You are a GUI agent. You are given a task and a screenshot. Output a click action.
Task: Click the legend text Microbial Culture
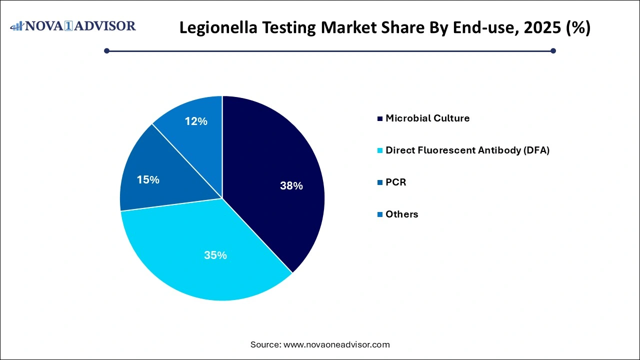click(427, 118)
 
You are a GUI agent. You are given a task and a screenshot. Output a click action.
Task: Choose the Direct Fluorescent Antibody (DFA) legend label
click(467, 150)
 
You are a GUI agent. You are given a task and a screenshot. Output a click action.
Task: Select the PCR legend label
click(396, 182)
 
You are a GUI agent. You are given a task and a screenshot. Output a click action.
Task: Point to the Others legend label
click(401, 214)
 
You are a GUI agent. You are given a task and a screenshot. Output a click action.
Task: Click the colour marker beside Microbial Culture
click(380, 118)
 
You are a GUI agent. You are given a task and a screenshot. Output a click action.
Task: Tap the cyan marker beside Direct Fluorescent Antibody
click(380, 150)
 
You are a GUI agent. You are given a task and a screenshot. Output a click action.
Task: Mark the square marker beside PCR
click(380, 182)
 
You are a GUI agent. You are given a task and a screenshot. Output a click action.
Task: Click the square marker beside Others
click(380, 214)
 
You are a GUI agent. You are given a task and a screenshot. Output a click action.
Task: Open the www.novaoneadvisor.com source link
click(336, 344)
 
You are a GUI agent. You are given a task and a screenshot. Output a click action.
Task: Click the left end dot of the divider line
click(106, 50)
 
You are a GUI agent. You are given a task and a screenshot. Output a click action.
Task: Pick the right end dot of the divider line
click(553, 50)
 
